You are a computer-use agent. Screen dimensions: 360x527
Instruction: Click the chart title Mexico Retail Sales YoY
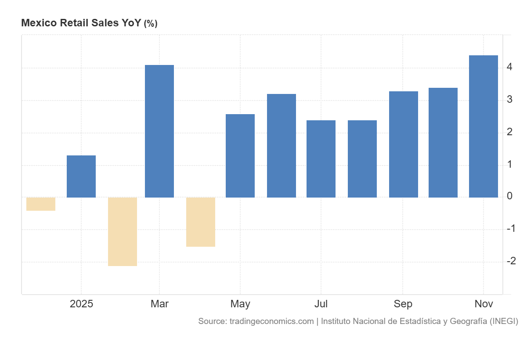(82, 23)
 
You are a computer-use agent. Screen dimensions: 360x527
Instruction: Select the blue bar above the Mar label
(159, 131)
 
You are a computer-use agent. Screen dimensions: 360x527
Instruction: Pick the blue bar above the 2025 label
(81, 176)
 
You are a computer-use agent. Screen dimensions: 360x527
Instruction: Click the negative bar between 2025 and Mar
(123, 231)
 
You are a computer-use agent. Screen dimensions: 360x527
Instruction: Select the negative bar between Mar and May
(201, 222)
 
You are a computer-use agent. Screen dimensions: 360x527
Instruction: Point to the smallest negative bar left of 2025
(41, 204)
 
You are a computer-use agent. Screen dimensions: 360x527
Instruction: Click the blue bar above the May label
(240, 156)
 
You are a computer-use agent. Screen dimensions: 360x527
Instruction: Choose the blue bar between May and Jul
(282, 146)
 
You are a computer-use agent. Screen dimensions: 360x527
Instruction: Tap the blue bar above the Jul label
(321, 159)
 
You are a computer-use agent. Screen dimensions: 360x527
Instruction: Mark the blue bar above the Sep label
(403, 144)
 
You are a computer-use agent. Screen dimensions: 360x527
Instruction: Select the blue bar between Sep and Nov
(443, 143)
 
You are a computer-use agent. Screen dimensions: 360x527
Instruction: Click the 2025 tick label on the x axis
(81, 304)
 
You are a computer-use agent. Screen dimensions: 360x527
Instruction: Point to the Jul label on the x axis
(321, 304)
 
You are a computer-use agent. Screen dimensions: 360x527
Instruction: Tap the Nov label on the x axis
(484, 304)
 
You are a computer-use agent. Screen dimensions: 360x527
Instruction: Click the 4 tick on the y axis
(509, 67)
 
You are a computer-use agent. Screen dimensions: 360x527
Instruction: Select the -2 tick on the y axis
(511, 261)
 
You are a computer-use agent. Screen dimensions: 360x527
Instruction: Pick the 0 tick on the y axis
(509, 196)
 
